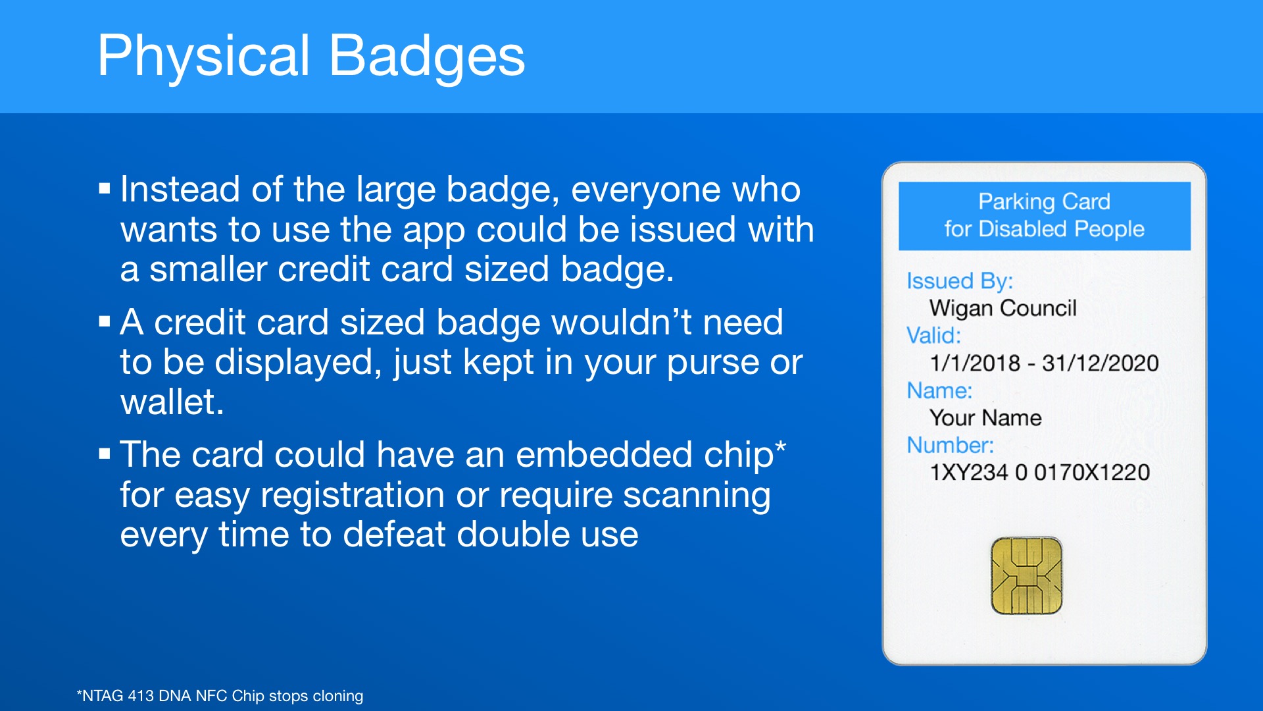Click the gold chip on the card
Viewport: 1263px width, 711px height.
coord(1026,575)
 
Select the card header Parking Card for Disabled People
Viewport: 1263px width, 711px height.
coord(1045,215)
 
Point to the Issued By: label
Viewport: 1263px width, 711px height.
coord(960,281)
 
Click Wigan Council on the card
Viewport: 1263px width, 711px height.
coord(1003,308)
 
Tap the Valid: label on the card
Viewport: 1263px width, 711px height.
coord(933,336)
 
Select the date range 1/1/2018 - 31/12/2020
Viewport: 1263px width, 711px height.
coord(1044,363)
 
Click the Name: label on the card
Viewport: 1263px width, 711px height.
coord(939,390)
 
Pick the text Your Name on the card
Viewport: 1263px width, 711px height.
coord(985,418)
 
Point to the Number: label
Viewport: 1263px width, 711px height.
coord(951,446)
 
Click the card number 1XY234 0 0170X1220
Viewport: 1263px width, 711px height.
coord(1039,472)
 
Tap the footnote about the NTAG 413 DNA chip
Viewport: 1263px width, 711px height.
coord(220,696)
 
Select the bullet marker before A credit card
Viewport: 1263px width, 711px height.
coord(104,322)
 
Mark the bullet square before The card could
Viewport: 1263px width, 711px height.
coord(104,454)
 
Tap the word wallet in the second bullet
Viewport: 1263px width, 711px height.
coord(172,402)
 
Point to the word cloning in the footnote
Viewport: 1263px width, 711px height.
coord(337,697)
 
